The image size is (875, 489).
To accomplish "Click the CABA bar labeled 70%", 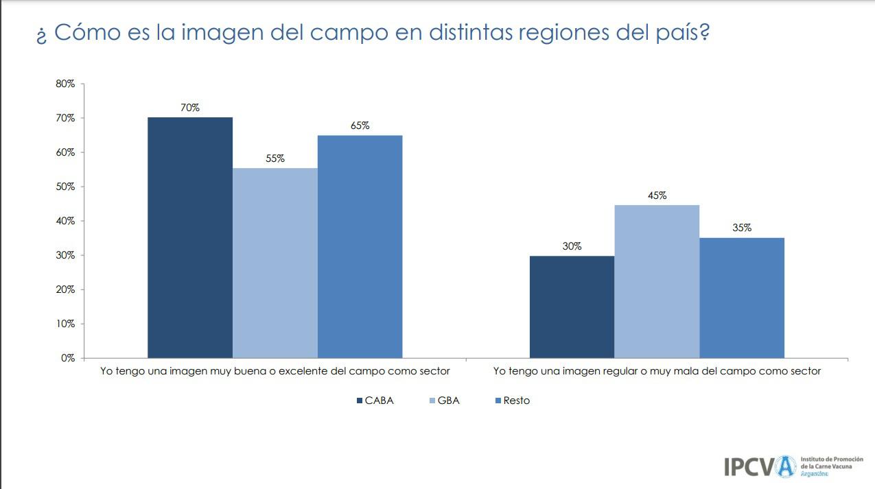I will pyautogui.click(x=190, y=237).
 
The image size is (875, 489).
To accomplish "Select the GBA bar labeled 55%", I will pyautogui.click(x=275, y=263).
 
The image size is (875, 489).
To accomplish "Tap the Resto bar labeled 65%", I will pyautogui.click(x=360, y=246).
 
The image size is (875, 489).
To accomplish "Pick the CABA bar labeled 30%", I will pyautogui.click(x=572, y=307).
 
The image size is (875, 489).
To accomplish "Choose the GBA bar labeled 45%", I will pyautogui.click(x=657, y=281).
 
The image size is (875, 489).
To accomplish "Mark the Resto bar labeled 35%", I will pyautogui.click(x=742, y=298).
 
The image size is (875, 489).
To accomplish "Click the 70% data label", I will pyautogui.click(x=190, y=108).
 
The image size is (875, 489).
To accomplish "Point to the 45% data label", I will pyautogui.click(x=657, y=195).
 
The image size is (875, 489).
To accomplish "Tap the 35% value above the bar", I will pyautogui.click(x=742, y=228).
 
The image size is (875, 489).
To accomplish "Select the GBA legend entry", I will pyautogui.click(x=448, y=401).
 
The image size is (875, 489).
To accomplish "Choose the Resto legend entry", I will pyautogui.click(x=516, y=401).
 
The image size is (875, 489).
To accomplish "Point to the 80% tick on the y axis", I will pyautogui.click(x=66, y=84).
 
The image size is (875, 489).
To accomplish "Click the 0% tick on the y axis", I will pyautogui.click(x=68, y=358).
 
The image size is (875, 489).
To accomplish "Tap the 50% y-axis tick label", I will pyautogui.click(x=66, y=187).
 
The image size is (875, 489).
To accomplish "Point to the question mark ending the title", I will pyautogui.click(x=703, y=32).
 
